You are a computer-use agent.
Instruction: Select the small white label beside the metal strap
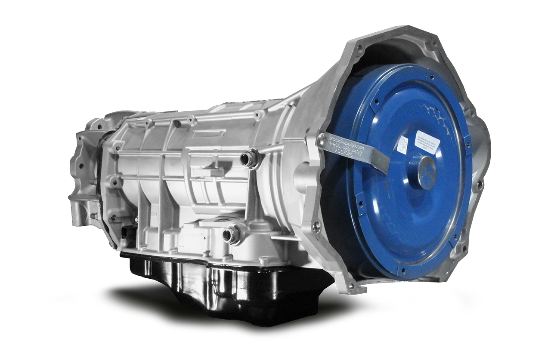pos(402,143)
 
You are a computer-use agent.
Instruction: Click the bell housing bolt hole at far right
pos(480,185)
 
